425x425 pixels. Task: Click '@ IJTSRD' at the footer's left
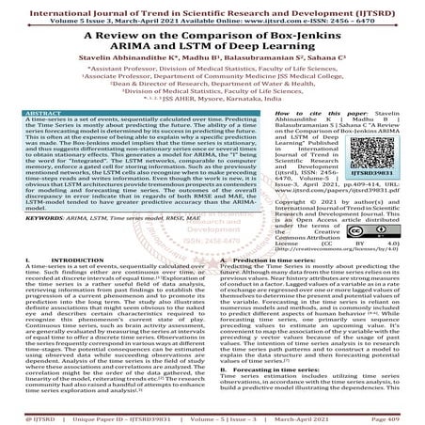[x=21, y=417]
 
